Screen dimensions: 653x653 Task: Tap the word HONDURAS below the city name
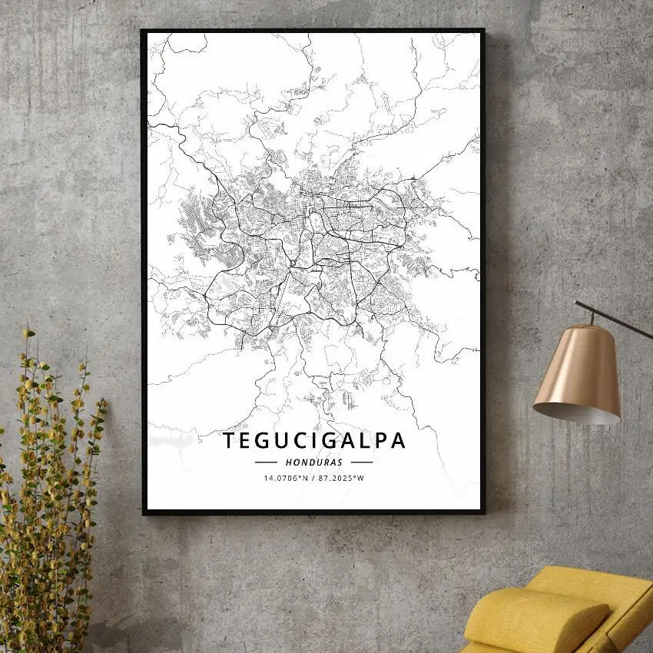click(313, 462)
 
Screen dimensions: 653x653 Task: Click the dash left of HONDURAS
click(266, 462)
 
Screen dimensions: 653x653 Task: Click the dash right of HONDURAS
click(361, 462)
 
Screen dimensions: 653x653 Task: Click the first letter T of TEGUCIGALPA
click(229, 441)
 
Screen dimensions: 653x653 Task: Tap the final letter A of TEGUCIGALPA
click(398, 441)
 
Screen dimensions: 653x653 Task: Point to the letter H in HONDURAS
click(287, 462)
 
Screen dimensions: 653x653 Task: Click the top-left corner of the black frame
click(143, 31)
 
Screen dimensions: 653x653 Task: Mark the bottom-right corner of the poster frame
click(483, 512)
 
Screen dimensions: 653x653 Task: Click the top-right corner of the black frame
click(483, 31)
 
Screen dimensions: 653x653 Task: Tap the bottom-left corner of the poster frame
click(144, 512)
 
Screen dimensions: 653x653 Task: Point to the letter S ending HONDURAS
click(340, 462)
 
